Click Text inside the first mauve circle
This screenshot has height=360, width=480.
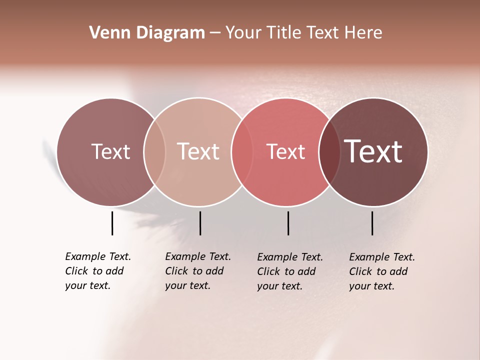click(110, 151)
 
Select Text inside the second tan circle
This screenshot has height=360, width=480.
click(198, 151)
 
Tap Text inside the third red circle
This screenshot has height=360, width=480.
click(285, 151)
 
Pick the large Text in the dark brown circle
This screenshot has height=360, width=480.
click(373, 151)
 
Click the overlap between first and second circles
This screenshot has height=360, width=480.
click(154, 152)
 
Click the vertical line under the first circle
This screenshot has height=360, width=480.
click(112, 223)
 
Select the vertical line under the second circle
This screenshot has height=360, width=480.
click(200, 223)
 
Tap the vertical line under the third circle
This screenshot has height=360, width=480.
click(288, 223)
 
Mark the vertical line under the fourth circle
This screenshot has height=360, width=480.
click(372, 223)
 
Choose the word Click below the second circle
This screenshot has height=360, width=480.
click(176, 271)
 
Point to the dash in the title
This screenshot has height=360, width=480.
click(215, 33)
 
